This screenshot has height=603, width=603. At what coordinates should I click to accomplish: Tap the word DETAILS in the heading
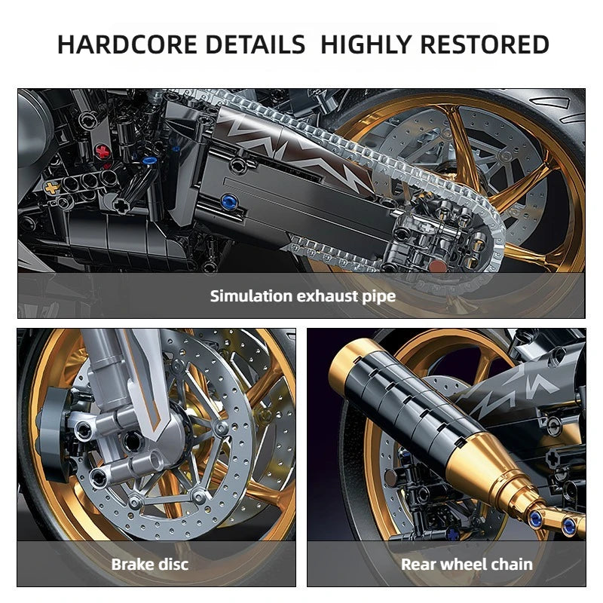click(x=246, y=44)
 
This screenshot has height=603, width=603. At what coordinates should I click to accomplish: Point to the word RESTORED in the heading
click(x=485, y=44)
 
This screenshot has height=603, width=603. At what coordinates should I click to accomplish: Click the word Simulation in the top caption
click(x=249, y=295)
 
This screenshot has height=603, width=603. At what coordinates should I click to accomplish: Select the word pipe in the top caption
click(x=378, y=296)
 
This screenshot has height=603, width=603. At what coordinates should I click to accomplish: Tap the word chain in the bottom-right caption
click(x=512, y=564)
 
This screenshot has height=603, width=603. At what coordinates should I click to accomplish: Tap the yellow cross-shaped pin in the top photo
click(x=52, y=186)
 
